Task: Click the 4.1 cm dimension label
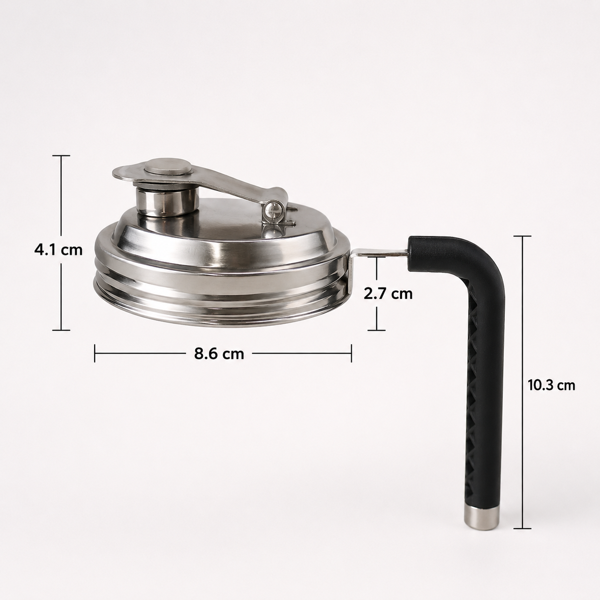pyautogui.click(x=58, y=250)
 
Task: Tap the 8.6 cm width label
pyautogui.click(x=219, y=354)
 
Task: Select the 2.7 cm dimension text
pyautogui.click(x=388, y=294)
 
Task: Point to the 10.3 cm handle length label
pyautogui.click(x=551, y=386)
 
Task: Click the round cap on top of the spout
pyautogui.click(x=168, y=167)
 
